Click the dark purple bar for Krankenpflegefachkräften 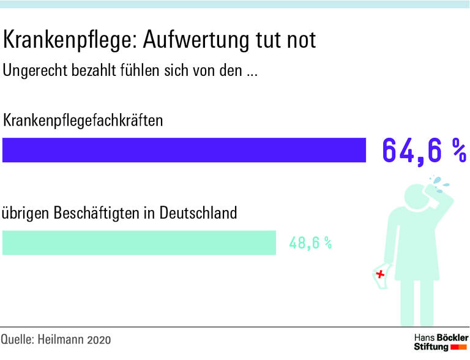184,150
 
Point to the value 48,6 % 310,243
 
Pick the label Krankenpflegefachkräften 83,120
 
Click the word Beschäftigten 97,214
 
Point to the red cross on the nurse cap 381,274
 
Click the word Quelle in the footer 18,339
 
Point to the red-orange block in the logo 459,348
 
